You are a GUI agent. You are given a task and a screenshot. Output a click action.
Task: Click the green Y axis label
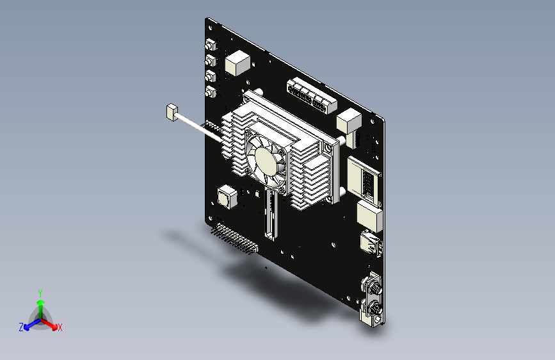point(40,293)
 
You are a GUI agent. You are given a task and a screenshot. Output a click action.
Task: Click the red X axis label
point(60,327)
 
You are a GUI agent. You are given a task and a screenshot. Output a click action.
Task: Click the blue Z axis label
point(21,327)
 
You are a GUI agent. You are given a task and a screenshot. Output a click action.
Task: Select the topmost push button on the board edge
point(211,45)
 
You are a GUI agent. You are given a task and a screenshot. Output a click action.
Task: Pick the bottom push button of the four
point(211,92)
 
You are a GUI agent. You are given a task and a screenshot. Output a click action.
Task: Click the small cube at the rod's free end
point(172,112)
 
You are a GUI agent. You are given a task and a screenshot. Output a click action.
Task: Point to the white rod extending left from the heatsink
point(199,128)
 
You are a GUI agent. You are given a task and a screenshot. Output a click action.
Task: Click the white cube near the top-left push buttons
point(237,63)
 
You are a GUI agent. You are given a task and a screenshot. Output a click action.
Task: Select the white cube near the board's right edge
point(349,121)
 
